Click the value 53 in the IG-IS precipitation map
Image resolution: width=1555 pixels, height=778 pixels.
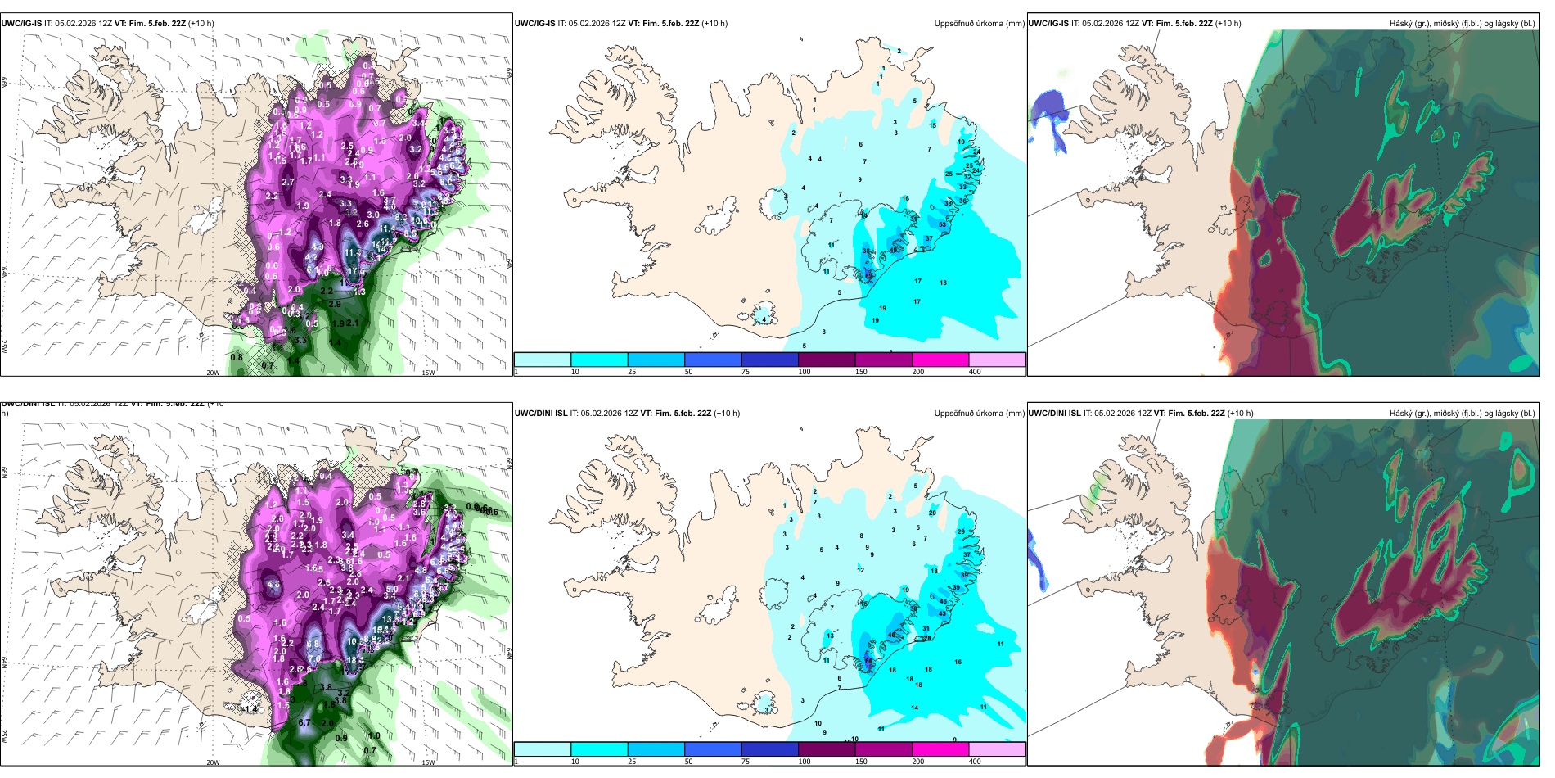pos(943,224)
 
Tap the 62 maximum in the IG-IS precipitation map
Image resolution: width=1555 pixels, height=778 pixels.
pos(868,276)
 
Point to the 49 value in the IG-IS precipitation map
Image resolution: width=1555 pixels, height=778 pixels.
pos(892,250)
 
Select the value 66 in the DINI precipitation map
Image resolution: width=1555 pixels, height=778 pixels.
pos(868,662)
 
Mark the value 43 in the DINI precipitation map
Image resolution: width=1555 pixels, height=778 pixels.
pos(942,613)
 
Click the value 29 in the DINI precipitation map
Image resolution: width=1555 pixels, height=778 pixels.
pos(961,531)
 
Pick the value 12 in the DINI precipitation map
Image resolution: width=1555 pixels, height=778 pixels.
pos(860,570)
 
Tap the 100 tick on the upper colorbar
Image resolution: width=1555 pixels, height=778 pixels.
pos(805,372)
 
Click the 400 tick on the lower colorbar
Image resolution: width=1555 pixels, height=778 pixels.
pos(975,762)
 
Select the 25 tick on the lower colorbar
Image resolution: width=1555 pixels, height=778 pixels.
pos(632,762)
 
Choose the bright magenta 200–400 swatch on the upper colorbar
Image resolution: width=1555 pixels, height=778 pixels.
pos(940,360)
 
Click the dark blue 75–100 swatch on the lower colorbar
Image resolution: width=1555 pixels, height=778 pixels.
pos(769,749)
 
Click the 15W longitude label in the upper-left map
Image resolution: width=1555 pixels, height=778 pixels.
pos(427,373)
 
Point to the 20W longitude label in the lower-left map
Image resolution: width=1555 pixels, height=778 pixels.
pos(213,762)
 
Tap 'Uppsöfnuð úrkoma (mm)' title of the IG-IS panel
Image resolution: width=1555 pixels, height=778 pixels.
pos(979,24)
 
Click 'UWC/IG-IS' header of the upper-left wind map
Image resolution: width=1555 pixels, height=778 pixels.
pos(21,24)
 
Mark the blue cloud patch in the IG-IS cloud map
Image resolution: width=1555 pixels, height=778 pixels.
pos(1048,115)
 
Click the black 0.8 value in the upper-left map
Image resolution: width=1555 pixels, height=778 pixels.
pos(237,357)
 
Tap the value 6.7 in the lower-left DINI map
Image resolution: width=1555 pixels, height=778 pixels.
pos(304,723)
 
